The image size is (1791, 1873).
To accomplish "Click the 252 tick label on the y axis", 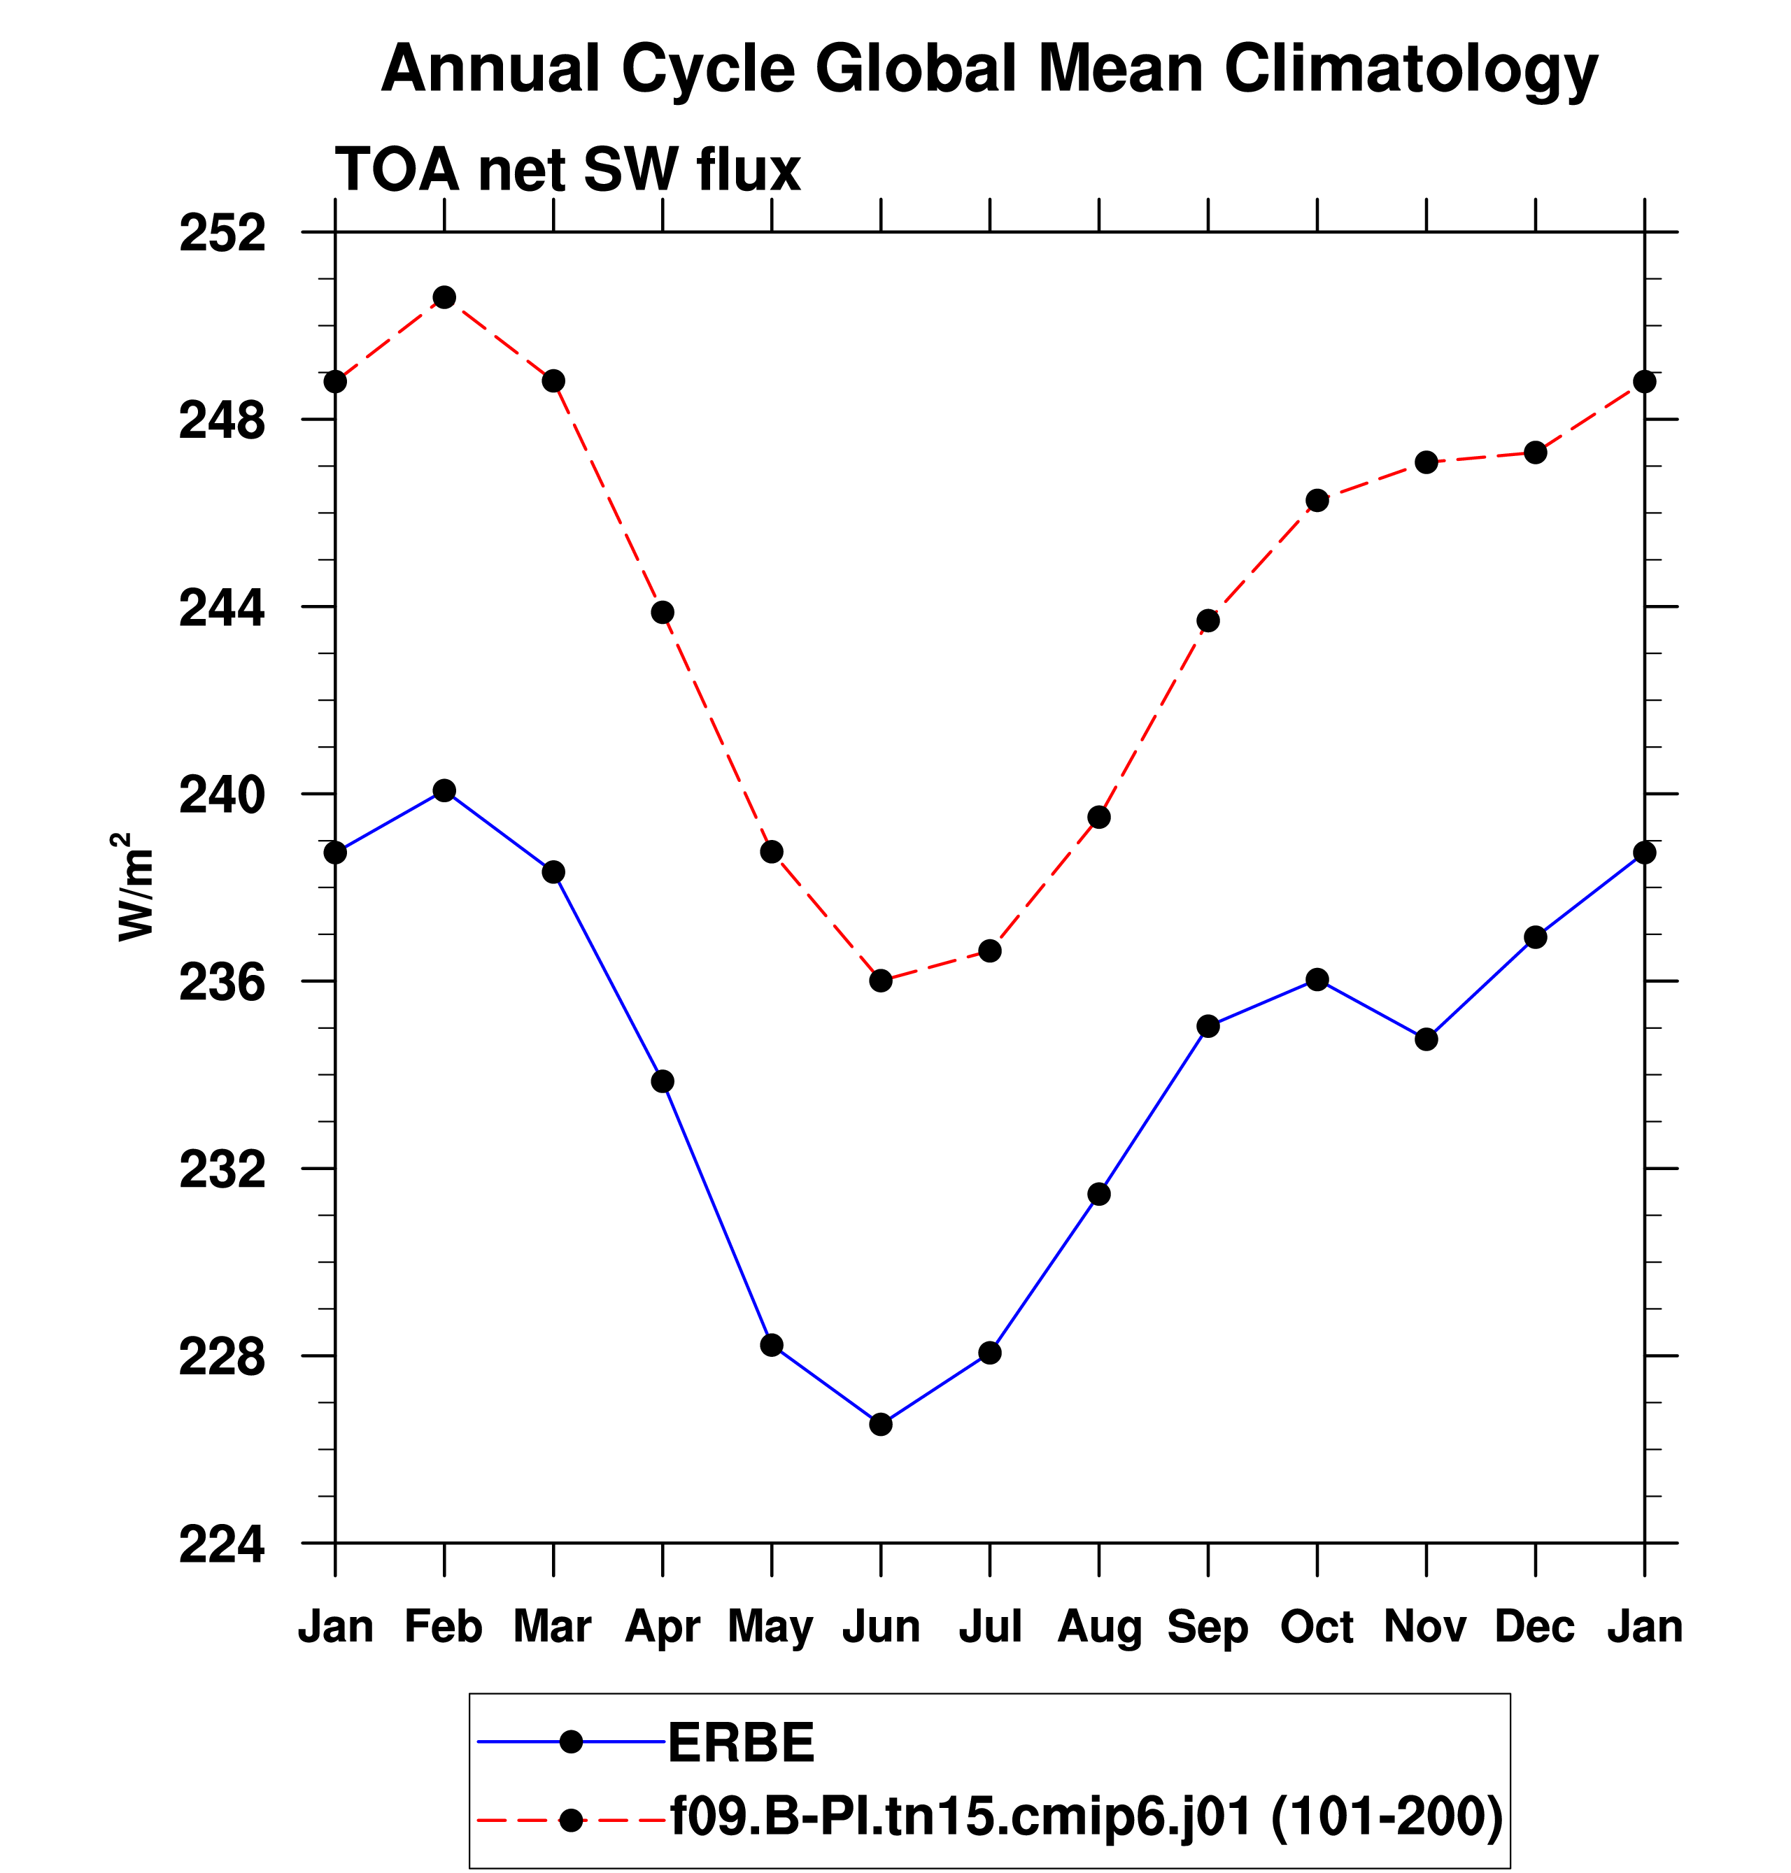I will click(x=222, y=234).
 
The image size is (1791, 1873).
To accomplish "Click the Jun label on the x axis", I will click(x=880, y=1625).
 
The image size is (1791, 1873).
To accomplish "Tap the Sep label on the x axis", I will click(x=1208, y=1625).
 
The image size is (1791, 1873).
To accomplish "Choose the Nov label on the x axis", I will click(x=1425, y=1625).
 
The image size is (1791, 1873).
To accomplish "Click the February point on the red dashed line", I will click(x=444, y=298).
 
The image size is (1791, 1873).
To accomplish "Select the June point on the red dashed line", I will click(x=880, y=981).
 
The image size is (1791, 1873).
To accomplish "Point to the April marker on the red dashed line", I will click(x=663, y=612).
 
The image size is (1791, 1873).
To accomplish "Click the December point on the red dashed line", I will click(x=1535, y=453).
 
